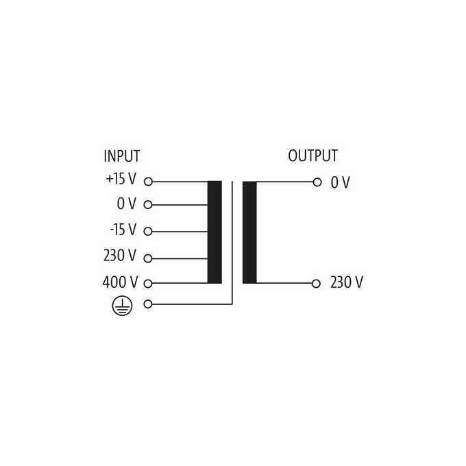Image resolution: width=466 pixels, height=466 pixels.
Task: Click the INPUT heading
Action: click(x=122, y=156)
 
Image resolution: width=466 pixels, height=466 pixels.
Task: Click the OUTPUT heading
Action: click(x=312, y=156)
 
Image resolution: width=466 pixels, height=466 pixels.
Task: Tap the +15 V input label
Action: click(x=121, y=179)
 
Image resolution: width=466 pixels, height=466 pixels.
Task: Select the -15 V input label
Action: click(x=123, y=230)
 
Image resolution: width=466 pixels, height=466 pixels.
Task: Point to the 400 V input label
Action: click(x=120, y=282)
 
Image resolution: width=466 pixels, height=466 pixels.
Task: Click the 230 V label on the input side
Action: click(x=120, y=256)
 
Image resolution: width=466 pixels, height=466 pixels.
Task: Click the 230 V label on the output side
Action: click(x=347, y=282)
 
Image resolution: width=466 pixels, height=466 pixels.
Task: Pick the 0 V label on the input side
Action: click(x=127, y=204)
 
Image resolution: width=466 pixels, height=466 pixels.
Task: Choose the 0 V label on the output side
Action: click(x=341, y=182)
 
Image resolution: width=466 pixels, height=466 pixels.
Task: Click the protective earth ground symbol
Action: click(x=122, y=306)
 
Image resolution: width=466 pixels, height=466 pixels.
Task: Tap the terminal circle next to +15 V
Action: click(x=148, y=182)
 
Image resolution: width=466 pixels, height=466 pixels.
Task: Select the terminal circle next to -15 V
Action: click(x=148, y=232)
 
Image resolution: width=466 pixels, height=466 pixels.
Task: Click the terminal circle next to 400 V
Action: click(x=148, y=284)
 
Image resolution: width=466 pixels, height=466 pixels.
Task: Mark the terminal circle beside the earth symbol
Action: click(x=148, y=304)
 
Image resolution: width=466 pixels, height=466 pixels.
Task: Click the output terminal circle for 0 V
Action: click(x=317, y=182)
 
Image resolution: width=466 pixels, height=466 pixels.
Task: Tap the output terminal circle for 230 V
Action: click(x=316, y=284)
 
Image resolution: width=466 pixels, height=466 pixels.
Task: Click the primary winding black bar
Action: click(x=214, y=232)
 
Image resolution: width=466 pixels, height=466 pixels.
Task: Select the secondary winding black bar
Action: click(x=249, y=232)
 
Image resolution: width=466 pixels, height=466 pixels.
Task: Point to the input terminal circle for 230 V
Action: click(x=148, y=258)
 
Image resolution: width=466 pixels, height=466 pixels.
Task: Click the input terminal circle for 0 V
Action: click(x=148, y=205)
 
